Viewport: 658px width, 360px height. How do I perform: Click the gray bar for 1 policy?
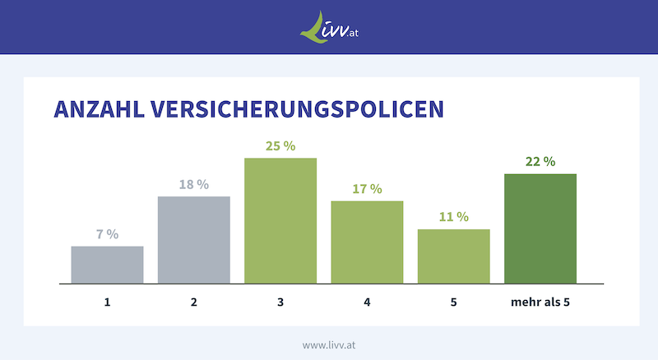107,265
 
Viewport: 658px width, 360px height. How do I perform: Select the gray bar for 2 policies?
194,240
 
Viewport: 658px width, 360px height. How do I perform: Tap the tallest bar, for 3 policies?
280,220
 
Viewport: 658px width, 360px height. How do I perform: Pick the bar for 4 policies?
367,242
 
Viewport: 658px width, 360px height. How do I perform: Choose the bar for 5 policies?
453,256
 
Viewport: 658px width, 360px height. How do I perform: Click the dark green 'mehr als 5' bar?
540,228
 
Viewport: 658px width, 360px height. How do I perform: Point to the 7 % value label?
107,234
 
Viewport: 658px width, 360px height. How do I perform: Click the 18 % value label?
194,184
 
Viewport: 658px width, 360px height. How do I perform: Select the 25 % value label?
280,145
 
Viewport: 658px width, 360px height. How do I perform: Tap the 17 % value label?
367,189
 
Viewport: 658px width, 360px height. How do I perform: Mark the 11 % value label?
453,217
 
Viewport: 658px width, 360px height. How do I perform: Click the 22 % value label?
540,161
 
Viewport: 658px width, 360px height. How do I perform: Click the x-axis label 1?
107,302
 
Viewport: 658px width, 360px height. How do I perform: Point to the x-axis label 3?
280,302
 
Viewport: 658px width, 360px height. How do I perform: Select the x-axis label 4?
367,302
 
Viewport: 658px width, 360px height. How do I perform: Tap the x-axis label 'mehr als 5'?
540,302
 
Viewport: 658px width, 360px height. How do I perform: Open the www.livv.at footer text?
329,345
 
